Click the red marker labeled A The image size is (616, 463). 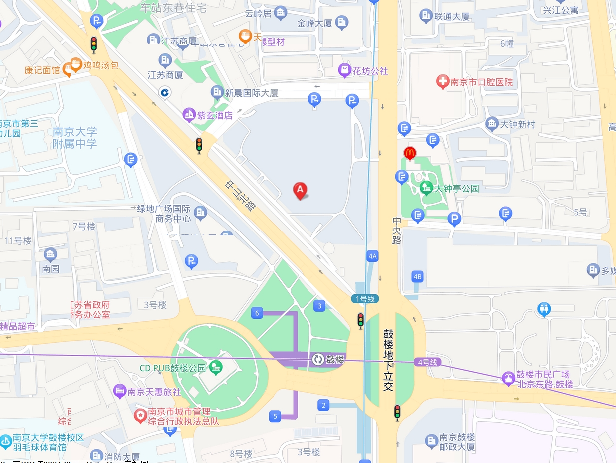click(x=300, y=190)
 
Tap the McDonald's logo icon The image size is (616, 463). click(x=410, y=153)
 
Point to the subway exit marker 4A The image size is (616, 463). click(x=372, y=256)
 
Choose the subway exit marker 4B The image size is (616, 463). click(x=417, y=276)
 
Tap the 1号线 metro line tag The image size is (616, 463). click(x=365, y=299)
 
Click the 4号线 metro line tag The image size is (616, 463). click(x=427, y=362)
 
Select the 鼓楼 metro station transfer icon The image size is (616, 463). click(x=318, y=359)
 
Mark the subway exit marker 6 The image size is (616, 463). click(x=257, y=313)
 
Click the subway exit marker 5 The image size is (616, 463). click(x=275, y=416)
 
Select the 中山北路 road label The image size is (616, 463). click(x=240, y=196)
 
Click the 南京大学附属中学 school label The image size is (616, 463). click(x=75, y=138)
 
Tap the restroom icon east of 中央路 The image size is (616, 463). click(x=544, y=310)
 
